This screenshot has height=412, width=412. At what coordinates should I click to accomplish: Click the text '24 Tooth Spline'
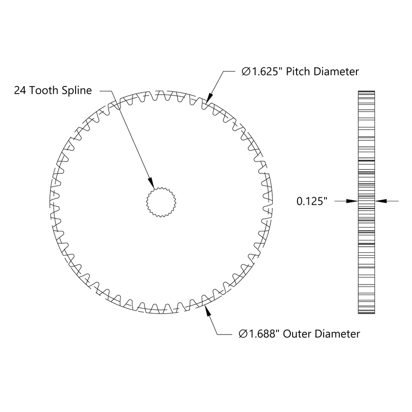click(x=53, y=90)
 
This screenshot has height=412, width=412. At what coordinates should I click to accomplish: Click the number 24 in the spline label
click(x=20, y=90)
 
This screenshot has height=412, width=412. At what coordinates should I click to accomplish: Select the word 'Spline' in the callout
click(x=77, y=90)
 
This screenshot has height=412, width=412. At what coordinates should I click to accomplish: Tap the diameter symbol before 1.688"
click(x=242, y=334)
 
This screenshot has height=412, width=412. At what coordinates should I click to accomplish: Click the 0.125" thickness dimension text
click(x=313, y=201)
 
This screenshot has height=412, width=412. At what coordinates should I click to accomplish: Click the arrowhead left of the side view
click(x=352, y=201)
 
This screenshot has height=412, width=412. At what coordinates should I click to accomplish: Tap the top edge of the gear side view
click(x=366, y=90)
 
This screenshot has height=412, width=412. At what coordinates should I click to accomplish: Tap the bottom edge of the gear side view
click(x=366, y=314)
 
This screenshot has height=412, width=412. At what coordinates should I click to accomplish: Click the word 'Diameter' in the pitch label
click(x=339, y=72)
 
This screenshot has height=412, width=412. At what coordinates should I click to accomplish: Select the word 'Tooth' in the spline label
click(x=46, y=90)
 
